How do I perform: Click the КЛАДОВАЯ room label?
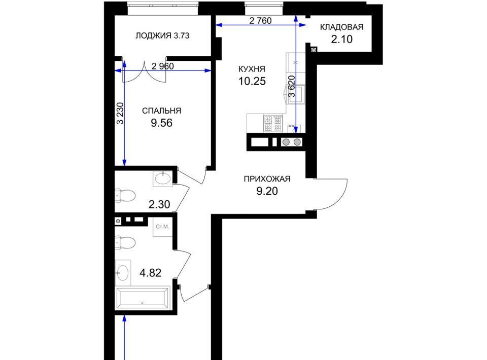click(x=341, y=27)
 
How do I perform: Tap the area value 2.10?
click(x=341, y=40)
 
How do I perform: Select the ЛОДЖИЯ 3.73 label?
click(x=162, y=35)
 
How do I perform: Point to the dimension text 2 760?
click(x=260, y=20)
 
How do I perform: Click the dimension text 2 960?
click(x=163, y=66)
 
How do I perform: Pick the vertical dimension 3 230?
click(x=120, y=113)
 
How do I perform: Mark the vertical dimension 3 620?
click(x=292, y=86)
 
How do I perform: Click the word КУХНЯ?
click(x=252, y=69)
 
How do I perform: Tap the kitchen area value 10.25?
click(x=252, y=81)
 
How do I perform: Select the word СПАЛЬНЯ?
click(x=161, y=111)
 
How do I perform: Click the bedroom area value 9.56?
click(x=161, y=123)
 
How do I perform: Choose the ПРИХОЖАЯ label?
click(x=267, y=179)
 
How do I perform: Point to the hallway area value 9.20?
click(x=267, y=191)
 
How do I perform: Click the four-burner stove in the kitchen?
click(x=273, y=123)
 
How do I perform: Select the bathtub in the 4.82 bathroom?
click(x=143, y=298)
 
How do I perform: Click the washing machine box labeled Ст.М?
click(x=162, y=227)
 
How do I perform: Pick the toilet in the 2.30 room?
click(x=125, y=195)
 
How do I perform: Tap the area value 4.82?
click(x=150, y=273)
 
